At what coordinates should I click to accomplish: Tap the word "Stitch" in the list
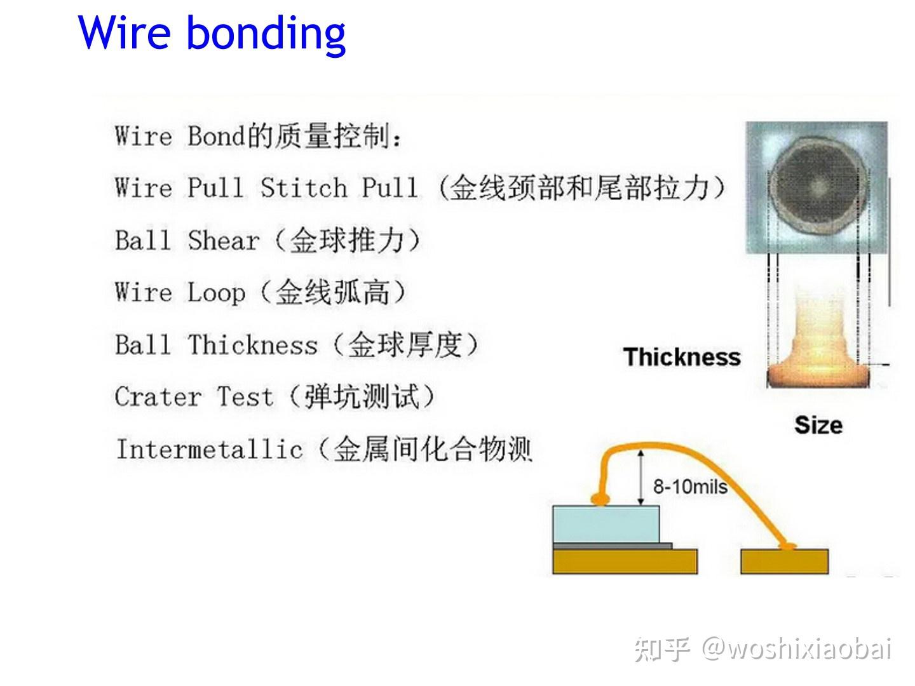click(x=304, y=188)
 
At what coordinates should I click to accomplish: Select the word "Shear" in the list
click(x=224, y=241)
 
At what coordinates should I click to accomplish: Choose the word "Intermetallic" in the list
click(x=209, y=450)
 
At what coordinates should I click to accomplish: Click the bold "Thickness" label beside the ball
click(x=682, y=357)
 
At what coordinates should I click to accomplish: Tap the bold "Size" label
click(x=818, y=424)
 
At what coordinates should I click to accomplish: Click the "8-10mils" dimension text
click(x=690, y=487)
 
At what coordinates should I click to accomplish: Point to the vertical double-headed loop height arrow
click(x=641, y=476)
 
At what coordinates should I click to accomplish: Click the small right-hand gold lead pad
click(x=785, y=562)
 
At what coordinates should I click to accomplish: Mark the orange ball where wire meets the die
click(x=598, y=499)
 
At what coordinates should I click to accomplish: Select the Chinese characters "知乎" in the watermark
click(x=662, y=650)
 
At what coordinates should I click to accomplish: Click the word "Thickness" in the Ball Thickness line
click(x=252, y=345)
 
